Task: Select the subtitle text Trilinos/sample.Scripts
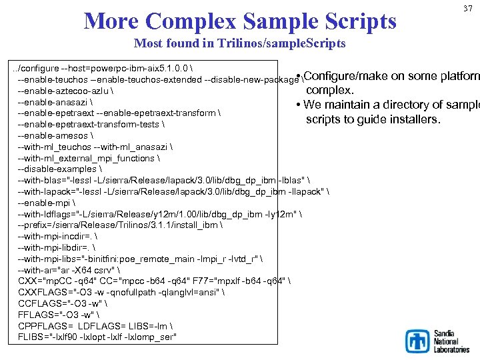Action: point(297,44)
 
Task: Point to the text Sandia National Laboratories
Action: point(451,341)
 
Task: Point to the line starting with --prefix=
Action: point(120,225)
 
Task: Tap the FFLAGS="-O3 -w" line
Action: point(60,315)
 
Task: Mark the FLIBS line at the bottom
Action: point(98,337)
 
